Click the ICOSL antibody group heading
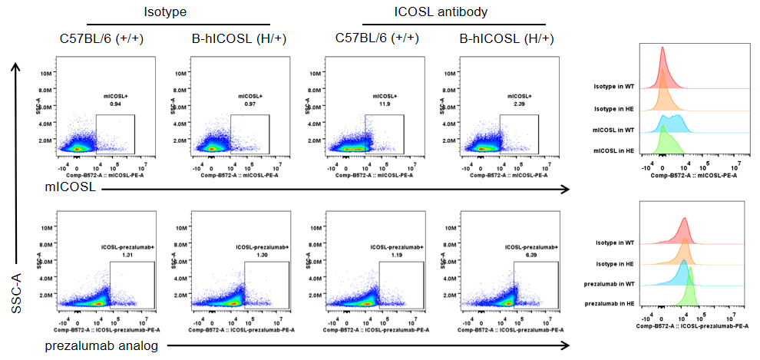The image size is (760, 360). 441,12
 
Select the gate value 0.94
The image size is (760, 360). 115,103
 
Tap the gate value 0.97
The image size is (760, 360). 249,103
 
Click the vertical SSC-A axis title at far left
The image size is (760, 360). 15,289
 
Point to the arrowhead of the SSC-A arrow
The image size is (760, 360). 15,66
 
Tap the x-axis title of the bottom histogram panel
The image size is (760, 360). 692,325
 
